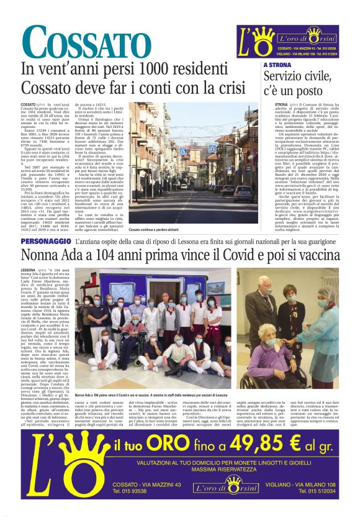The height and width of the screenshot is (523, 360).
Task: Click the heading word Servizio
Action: coord(286,77)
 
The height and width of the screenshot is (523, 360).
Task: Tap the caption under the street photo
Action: coord(157,230)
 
